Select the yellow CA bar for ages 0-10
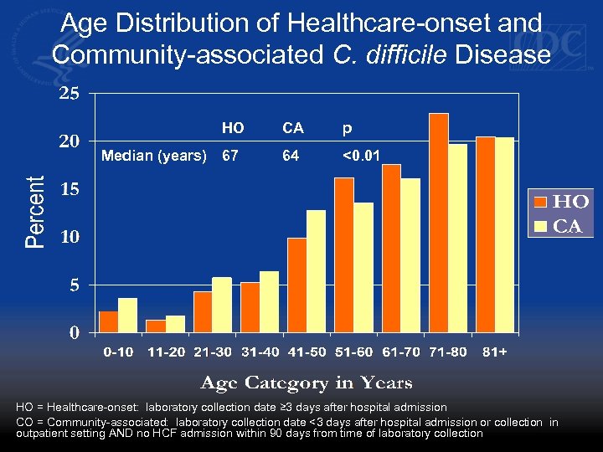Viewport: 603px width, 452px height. click(x=127, y=316)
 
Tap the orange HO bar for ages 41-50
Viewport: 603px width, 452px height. click(x=296, y=286)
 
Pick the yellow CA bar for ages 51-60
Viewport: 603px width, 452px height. click(x=363, y=268)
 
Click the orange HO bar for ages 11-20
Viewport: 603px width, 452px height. click(x=156, y=326)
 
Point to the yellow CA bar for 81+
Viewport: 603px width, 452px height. click(x=504, y=235)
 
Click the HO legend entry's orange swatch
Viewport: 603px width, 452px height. click(x=541, y=202)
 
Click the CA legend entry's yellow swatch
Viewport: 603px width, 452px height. click(x=541, y=226)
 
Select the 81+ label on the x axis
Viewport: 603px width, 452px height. click(x=494, y=352)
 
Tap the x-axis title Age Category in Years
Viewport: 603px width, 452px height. click(x=306, y=383)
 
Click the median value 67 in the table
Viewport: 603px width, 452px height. click(x=231, y=155)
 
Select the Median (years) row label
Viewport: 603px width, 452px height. click(x=153, y=155)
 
